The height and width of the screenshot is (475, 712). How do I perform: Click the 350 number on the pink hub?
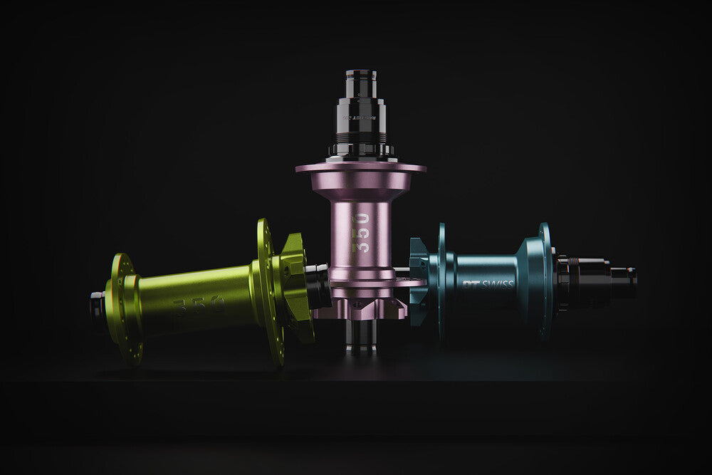pyautogui.click(x=361, y=233)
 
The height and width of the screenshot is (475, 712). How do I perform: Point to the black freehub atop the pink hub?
pyautogui.click(x=361, y=118)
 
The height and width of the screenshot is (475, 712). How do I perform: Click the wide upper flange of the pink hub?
pyautogui.click(x=361, y=169)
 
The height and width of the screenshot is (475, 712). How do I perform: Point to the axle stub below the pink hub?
pyautogui.click(x=361, y=338)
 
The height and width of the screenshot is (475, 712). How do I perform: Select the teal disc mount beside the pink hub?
pyautogui.click(x=419, y=282)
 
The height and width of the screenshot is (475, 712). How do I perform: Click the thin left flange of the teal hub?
pyautogui.click(x=441, y=281)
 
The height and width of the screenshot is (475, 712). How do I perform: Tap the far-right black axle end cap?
pyautogui.click(x=624, y=281)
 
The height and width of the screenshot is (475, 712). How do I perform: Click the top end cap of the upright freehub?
pyautogui.click(x=361, y=78)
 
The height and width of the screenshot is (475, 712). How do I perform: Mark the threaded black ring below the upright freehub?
pyautogui.click(x=361, y=150)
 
